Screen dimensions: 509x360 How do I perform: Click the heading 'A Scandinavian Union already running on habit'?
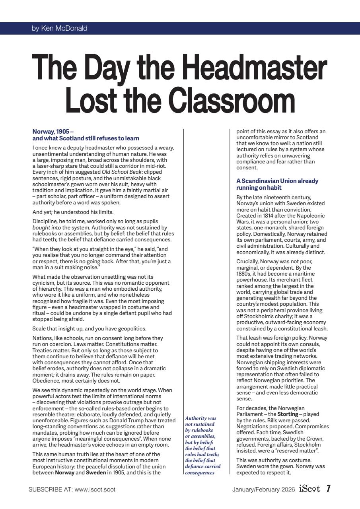[x=277, y=184]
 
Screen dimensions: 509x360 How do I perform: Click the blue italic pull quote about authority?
[x=203, y=445]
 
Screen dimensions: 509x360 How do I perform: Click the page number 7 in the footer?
[x=329, y=489]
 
